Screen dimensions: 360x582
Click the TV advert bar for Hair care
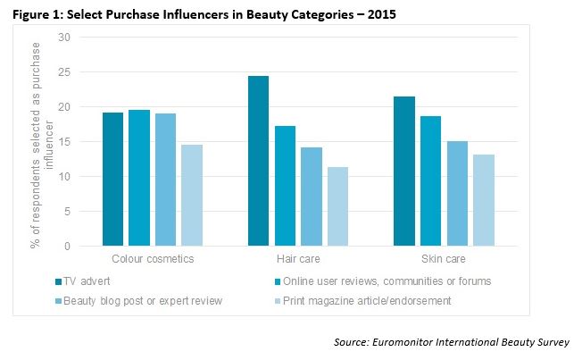pos(258,161)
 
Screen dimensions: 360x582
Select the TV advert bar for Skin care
pos(403,171)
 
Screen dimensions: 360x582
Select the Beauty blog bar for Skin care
pos(456,193)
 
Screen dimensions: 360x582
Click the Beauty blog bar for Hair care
pos(311,197)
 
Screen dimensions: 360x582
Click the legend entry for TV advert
pos(86,280)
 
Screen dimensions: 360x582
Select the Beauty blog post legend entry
pos(144,301)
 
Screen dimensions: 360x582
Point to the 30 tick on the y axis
pos(63,38)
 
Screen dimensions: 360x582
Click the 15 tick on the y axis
pos(63,141)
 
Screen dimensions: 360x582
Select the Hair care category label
pos(297,259)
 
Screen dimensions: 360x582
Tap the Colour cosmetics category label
pos(152,259)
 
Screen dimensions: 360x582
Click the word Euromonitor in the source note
pos(402,343)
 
